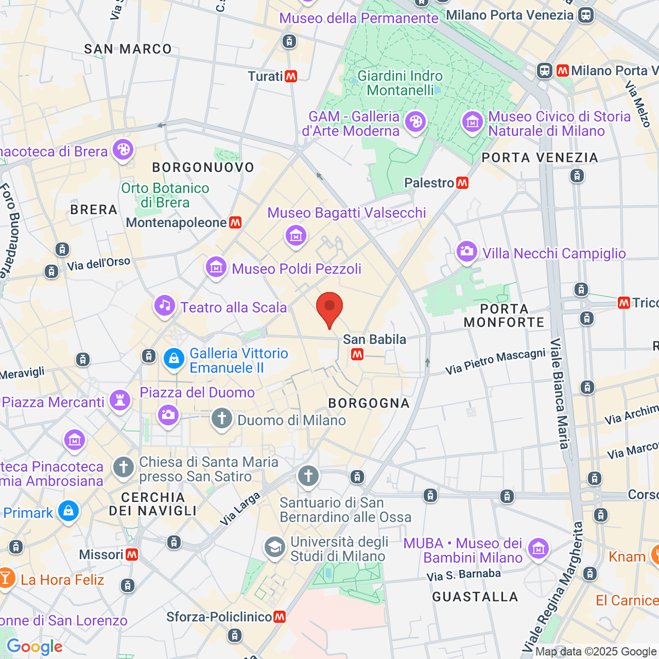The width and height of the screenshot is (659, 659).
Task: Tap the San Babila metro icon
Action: [x=358, y=355]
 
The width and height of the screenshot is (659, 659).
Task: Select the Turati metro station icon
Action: [x=291, y=76]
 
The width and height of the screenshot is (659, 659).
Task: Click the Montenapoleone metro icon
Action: [x=236, y=222]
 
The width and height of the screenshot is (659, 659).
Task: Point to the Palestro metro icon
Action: [x=462, y=183]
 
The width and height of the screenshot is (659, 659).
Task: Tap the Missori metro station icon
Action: [x=132, y=555]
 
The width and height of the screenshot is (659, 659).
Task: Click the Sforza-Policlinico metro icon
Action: [x=280, y=617]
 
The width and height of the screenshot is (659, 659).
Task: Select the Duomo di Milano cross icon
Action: [x=222, y=419]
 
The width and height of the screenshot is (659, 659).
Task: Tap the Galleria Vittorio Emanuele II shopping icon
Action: [x=174, y=359]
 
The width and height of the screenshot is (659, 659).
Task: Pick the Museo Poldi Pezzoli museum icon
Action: [x=216, y=267]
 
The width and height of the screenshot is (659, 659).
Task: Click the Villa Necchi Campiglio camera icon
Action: [x=467, y=252]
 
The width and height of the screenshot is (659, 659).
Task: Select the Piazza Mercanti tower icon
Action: [x=120, y=400]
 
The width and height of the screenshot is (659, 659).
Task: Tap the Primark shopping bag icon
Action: [x=68, y=511]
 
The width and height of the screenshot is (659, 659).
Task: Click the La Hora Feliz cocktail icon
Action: [x=7, y=578]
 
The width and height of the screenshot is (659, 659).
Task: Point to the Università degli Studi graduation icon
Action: [x=274, y=548]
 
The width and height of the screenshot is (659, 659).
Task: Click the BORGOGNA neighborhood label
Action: [x=369, y=403]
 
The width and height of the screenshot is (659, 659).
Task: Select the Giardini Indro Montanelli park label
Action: [x=400, y=83]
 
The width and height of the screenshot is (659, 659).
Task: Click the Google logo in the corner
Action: [x=35, y=647]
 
